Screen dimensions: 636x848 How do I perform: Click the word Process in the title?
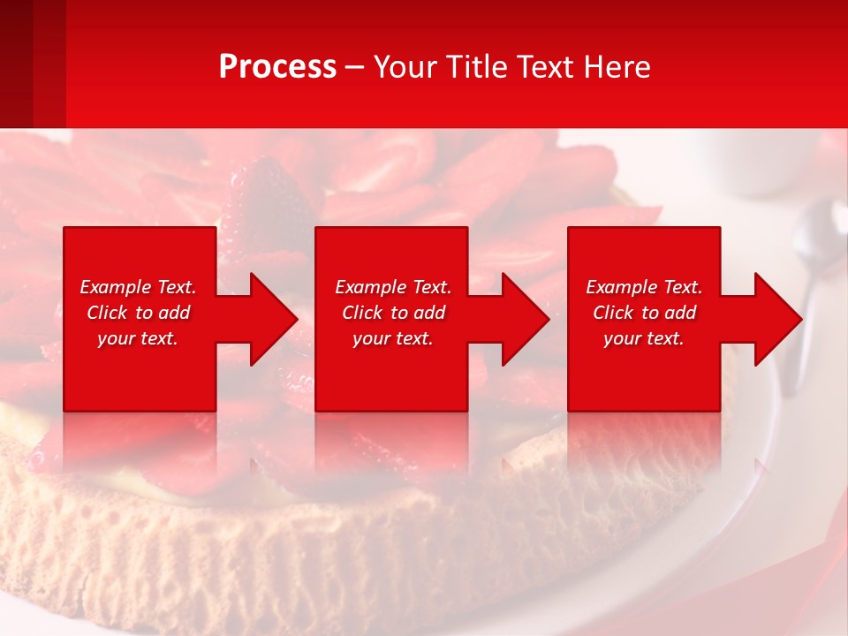277,67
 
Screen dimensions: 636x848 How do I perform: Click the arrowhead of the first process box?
269,319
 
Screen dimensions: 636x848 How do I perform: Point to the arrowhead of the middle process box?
522,319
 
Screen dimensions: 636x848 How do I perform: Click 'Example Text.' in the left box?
138,287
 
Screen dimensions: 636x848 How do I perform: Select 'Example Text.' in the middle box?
393,287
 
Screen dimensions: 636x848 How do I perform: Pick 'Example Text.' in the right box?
644,287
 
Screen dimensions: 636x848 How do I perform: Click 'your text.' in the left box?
138,338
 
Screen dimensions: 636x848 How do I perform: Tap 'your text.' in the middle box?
393,338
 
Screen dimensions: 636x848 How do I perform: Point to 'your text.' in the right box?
644,338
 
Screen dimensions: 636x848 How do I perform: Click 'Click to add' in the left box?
138,313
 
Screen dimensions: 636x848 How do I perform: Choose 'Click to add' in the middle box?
393,313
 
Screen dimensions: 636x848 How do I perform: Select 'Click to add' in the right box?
644,313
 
